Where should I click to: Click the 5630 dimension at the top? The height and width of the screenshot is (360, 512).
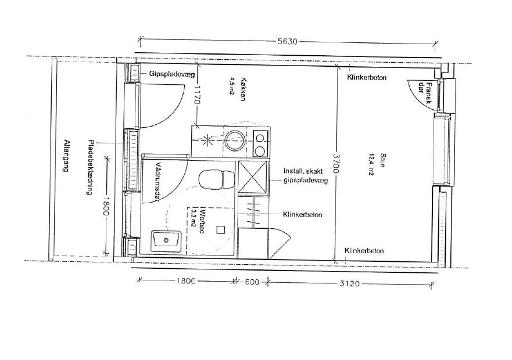click(x=287, y=41)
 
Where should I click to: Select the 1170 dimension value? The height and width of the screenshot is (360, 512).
click(x=197, y=95)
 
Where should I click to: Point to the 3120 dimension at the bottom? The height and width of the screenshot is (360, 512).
click(x=349, y=283)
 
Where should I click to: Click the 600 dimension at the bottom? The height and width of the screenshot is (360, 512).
click(x=252, y=282)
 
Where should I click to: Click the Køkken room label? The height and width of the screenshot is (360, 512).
click(x=242, y=89)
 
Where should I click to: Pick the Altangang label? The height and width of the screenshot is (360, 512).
click(x=67, y=156)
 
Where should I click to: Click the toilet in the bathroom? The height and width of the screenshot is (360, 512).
click(x=217, y=179)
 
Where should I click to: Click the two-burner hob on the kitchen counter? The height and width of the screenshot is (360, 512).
click(x=260, y=143)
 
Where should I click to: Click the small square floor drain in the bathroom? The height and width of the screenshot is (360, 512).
click(x=221, y=230)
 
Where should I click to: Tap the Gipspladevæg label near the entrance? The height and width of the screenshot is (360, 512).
click(x=172, y=74)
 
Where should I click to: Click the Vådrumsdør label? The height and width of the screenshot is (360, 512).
click(x=158, y=182)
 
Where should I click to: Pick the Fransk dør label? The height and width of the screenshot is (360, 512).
click(x=425, y=93)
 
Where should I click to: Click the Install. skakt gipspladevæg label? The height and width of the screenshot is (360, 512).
click(x=305, y=175)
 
